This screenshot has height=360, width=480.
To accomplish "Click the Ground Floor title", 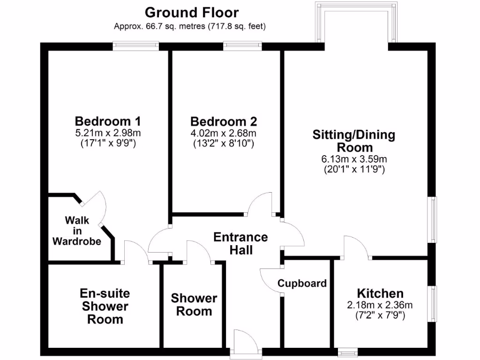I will click(x=191, y=12).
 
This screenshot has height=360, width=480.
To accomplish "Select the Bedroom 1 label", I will click(x=108, y=121).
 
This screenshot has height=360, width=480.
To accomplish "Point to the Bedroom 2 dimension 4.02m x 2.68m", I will click(x=224, y=134).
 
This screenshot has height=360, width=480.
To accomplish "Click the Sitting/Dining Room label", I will click(x=354, y=141).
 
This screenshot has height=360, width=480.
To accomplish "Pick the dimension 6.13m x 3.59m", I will click(x=354, y=159).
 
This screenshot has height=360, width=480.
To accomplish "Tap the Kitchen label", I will click(x=380, y=293).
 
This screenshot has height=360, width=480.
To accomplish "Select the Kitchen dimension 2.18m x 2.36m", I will click(x=380, y=305).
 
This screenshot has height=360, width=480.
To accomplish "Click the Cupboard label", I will click(x=302, y=283).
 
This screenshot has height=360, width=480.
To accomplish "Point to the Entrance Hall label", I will click(x=240, y=243).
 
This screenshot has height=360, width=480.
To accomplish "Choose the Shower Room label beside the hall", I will click(x=194, y=305).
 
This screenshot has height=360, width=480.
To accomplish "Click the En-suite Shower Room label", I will click(x=105, y=307).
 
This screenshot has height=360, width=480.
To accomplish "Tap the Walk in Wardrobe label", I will click(x=77, y=231).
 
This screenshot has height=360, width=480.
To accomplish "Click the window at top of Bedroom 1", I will click(x=135, y=45).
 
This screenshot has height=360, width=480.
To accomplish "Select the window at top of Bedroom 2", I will click(x=242, y=45).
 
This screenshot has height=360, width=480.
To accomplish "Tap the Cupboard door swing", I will click(x=271, y=281).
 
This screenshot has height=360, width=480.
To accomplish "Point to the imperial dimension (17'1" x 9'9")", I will click(x=108, y=144).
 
